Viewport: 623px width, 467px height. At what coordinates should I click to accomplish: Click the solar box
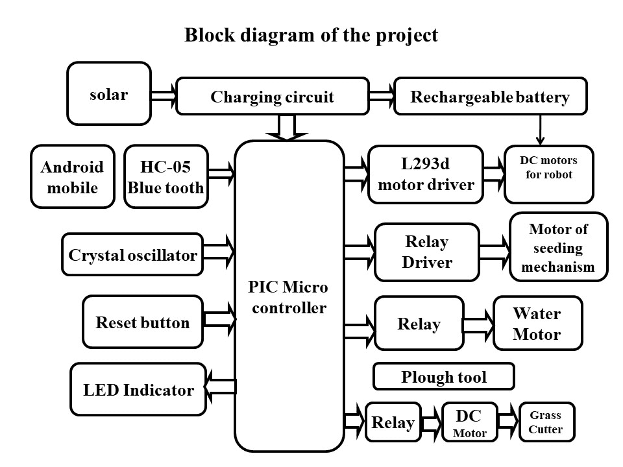pyautogui.click(x=109, y=94)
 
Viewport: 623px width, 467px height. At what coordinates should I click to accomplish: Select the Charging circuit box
pyautogui.click(x=272, y=97)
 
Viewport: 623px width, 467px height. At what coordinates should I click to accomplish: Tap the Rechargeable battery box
pyautogui.click(x=490, y=97)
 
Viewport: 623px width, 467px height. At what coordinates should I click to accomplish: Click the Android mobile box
pyautogui.click(x=72, y=177)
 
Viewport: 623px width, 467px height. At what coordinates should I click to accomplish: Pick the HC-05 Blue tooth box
pyautogui.click(x=165, y=177)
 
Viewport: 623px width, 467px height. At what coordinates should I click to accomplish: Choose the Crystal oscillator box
pyautogui.click(x=132, y=255)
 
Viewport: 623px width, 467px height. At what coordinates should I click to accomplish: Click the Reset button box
pyautogui.click(x=143, y=322)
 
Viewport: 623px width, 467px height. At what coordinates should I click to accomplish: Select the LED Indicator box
pyautogui.click(x=138, y=390)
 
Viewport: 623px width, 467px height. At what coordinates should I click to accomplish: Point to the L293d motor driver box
pyautogui.click(x=426, y=174)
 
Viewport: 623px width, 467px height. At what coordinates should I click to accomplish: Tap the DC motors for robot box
pyautogui.click(x=548, y=173)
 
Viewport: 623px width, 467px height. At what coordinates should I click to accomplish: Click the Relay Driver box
pyautogui.click(x=426, y=252)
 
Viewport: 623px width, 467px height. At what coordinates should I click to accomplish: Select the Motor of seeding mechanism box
pyautogui.click(x=558, y=247)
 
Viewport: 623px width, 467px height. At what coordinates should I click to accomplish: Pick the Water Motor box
pyautogui.click(x=537, y=324)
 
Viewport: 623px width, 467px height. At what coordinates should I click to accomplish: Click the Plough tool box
pyautogui.click(x=444, y=376)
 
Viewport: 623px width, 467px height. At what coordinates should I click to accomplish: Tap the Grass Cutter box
pyautogui.click(x=546, y=422)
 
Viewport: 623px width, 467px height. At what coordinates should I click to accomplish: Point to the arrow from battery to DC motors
pyautogui.click(x=540, y=130)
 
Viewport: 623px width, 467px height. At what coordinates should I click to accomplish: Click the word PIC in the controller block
pyautogui.click(x=262, y=287)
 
